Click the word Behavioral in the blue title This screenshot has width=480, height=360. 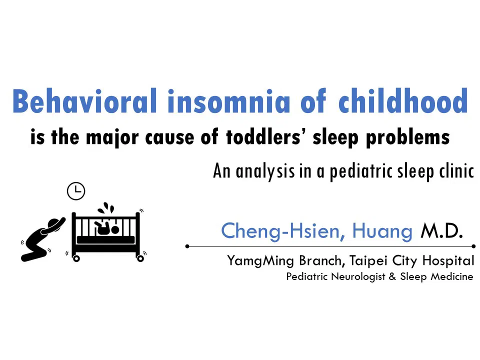click(84, 100)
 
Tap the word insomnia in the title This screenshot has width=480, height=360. click(228, 100)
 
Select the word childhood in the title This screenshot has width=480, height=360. click(403, 100)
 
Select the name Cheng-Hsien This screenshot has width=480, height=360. click(280, 231)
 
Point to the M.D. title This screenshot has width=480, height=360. click(441, 231)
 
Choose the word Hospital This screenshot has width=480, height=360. click(448, 261)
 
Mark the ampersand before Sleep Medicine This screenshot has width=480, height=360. click(392, 276)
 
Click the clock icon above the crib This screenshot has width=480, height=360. click(76, 191)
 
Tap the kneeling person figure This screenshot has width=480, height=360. click(42, 239)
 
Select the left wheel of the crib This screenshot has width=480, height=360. click(76, 258)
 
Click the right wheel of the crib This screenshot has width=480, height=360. click(140, 258)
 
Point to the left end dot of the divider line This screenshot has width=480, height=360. click(187, 246)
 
